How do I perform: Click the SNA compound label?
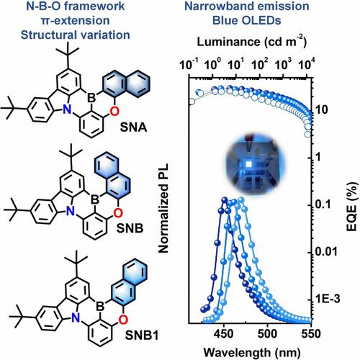[x=133, y=127]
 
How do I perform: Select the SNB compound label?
[x=130, y=228]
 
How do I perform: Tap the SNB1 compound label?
[x=142, y=335]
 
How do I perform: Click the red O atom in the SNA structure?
[x=114, y=111]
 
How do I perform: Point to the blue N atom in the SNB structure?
[x=70, y=212]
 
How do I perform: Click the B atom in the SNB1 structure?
[x=100, y=306]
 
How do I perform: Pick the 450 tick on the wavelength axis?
[x=224, y=334]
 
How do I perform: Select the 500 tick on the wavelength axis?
[x=267, y=334]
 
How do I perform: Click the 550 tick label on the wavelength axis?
[x=310, y=334]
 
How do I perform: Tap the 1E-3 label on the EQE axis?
[x=328, y=299]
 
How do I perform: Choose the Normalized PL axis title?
[x=163, y=208]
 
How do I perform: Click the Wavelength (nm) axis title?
[x=252, y=352]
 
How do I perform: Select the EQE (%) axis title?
[x=352, y=207]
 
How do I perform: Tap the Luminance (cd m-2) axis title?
[x=252, y=42]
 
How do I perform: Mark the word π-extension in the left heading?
[x=76, y=20]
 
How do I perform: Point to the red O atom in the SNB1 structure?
[x=123, y=319]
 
